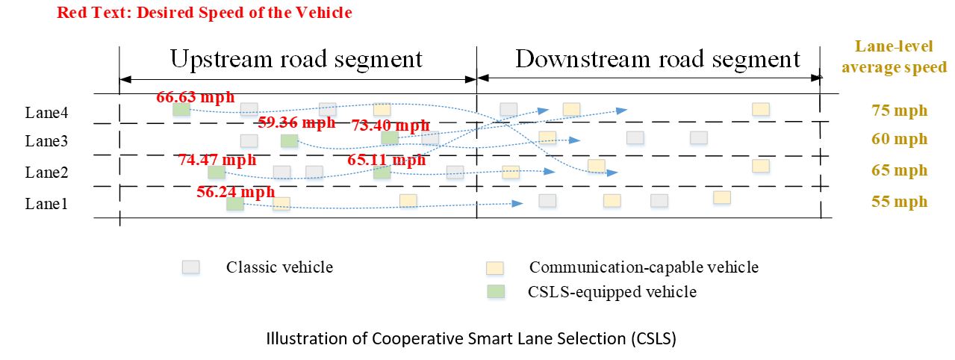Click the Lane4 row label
point(46,113)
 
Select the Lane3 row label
point(46,140)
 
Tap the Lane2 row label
point(46,173)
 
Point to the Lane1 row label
point(46,203)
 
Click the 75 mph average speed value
point(899,111)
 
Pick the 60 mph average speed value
point(899,139)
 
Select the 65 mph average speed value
point(899,170)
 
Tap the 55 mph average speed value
point(899,202)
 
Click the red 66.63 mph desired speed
point(196,97)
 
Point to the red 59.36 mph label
point(296,122)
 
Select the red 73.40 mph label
point(390,125)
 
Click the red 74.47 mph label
point(217,160)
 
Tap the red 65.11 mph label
point(386,160)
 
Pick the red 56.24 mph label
point(235,192)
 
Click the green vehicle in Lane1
point(235,204)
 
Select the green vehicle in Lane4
point(181,110)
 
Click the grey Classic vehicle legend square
point(190,267)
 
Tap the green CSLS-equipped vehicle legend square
point(496,292)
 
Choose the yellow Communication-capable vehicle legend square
point(495,268)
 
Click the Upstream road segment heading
point(296,59)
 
